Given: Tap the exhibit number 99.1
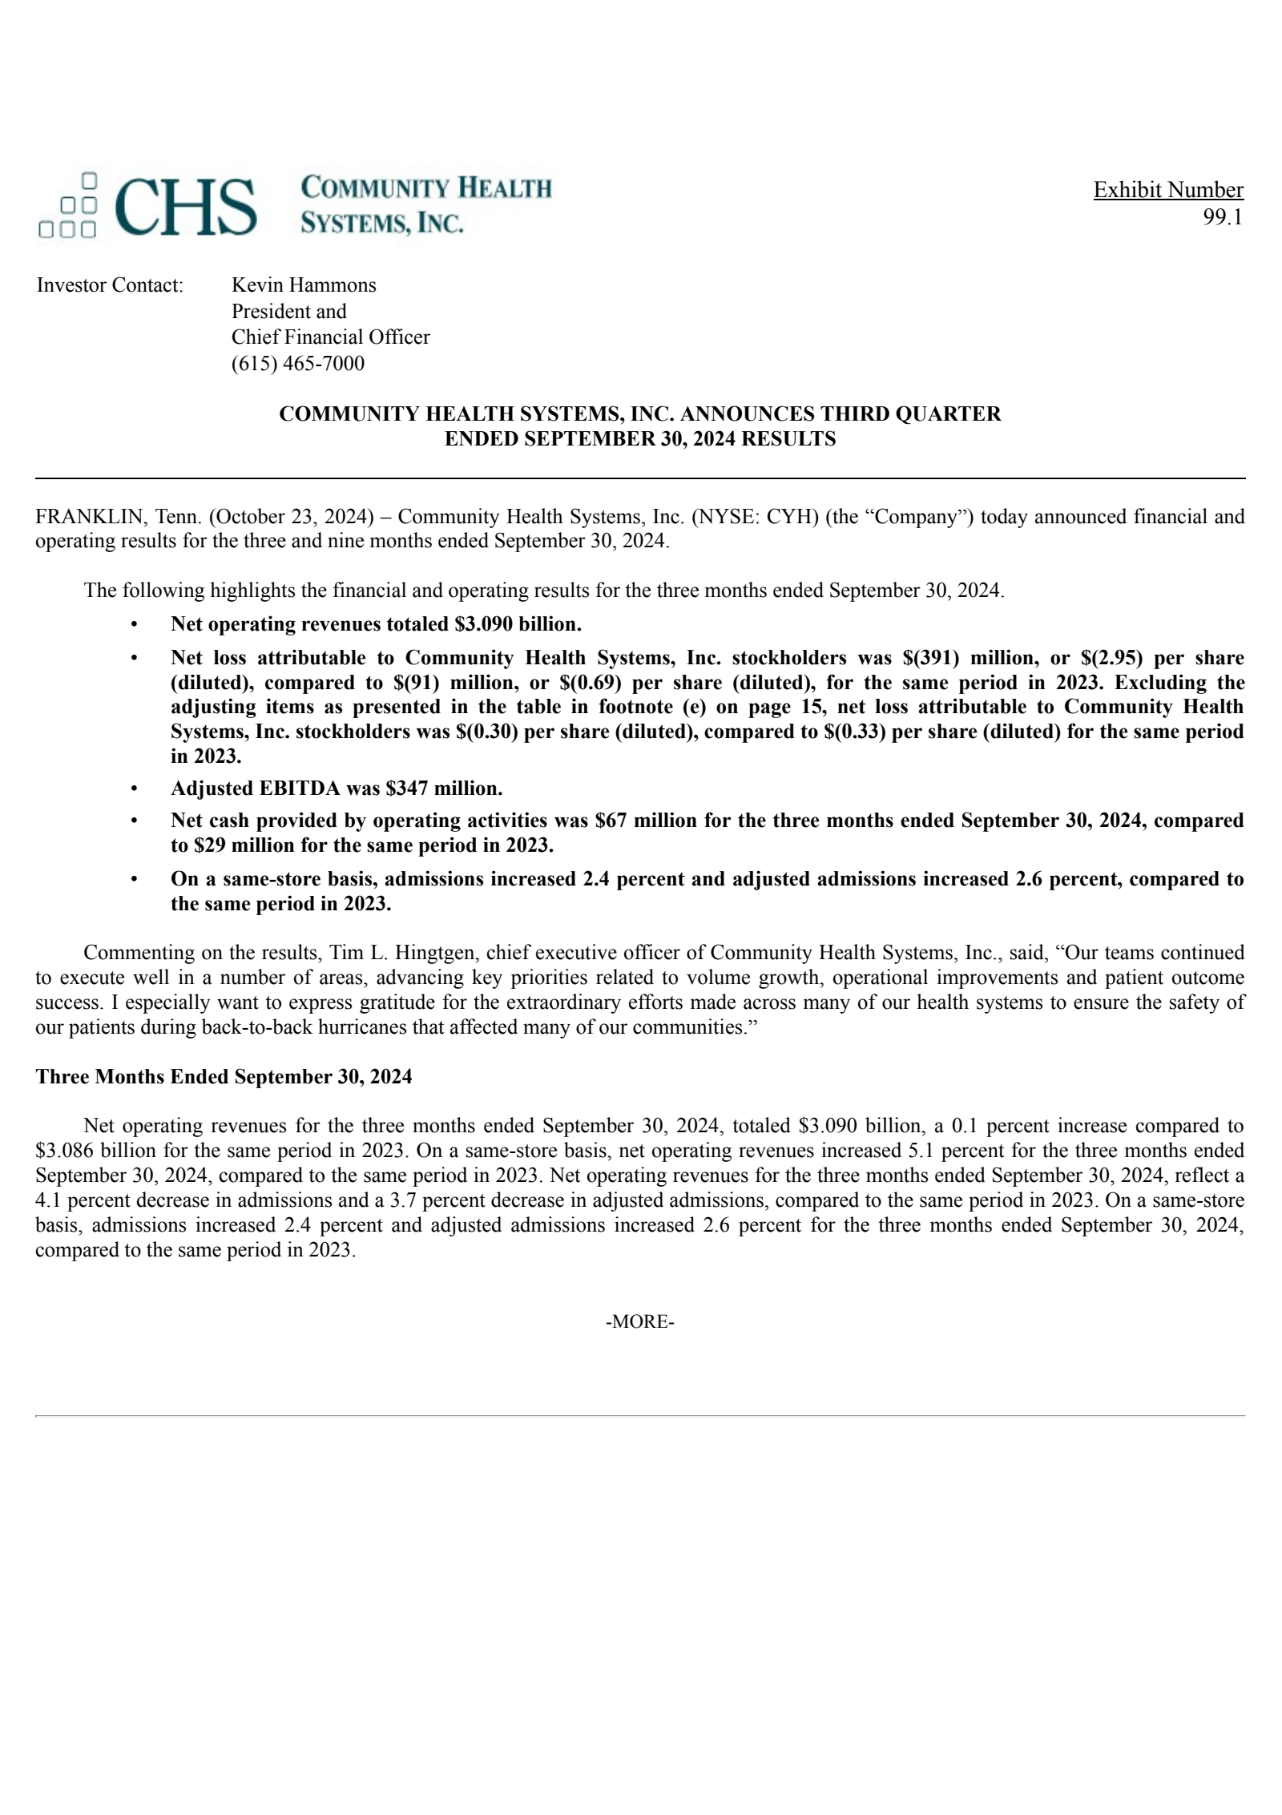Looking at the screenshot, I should point(1222,217).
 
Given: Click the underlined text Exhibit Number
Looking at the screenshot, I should point(1167,190).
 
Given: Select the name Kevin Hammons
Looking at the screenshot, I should point(304,285).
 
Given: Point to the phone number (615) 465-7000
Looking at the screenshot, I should point(297,364).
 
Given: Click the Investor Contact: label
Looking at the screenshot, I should point(110,285).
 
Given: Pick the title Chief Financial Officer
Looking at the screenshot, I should point(330,337).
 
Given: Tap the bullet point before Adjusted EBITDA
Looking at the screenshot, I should point(135,789).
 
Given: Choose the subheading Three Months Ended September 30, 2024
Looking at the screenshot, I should point(224,1076).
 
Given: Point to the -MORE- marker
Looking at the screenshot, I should point(639,1321).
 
